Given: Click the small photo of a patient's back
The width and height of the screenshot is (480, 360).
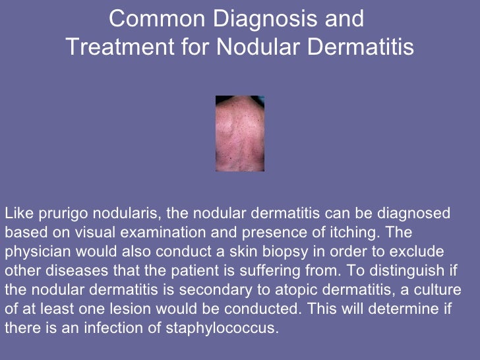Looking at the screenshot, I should [240, 134].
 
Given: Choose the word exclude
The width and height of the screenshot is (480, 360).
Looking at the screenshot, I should [421, 251].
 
